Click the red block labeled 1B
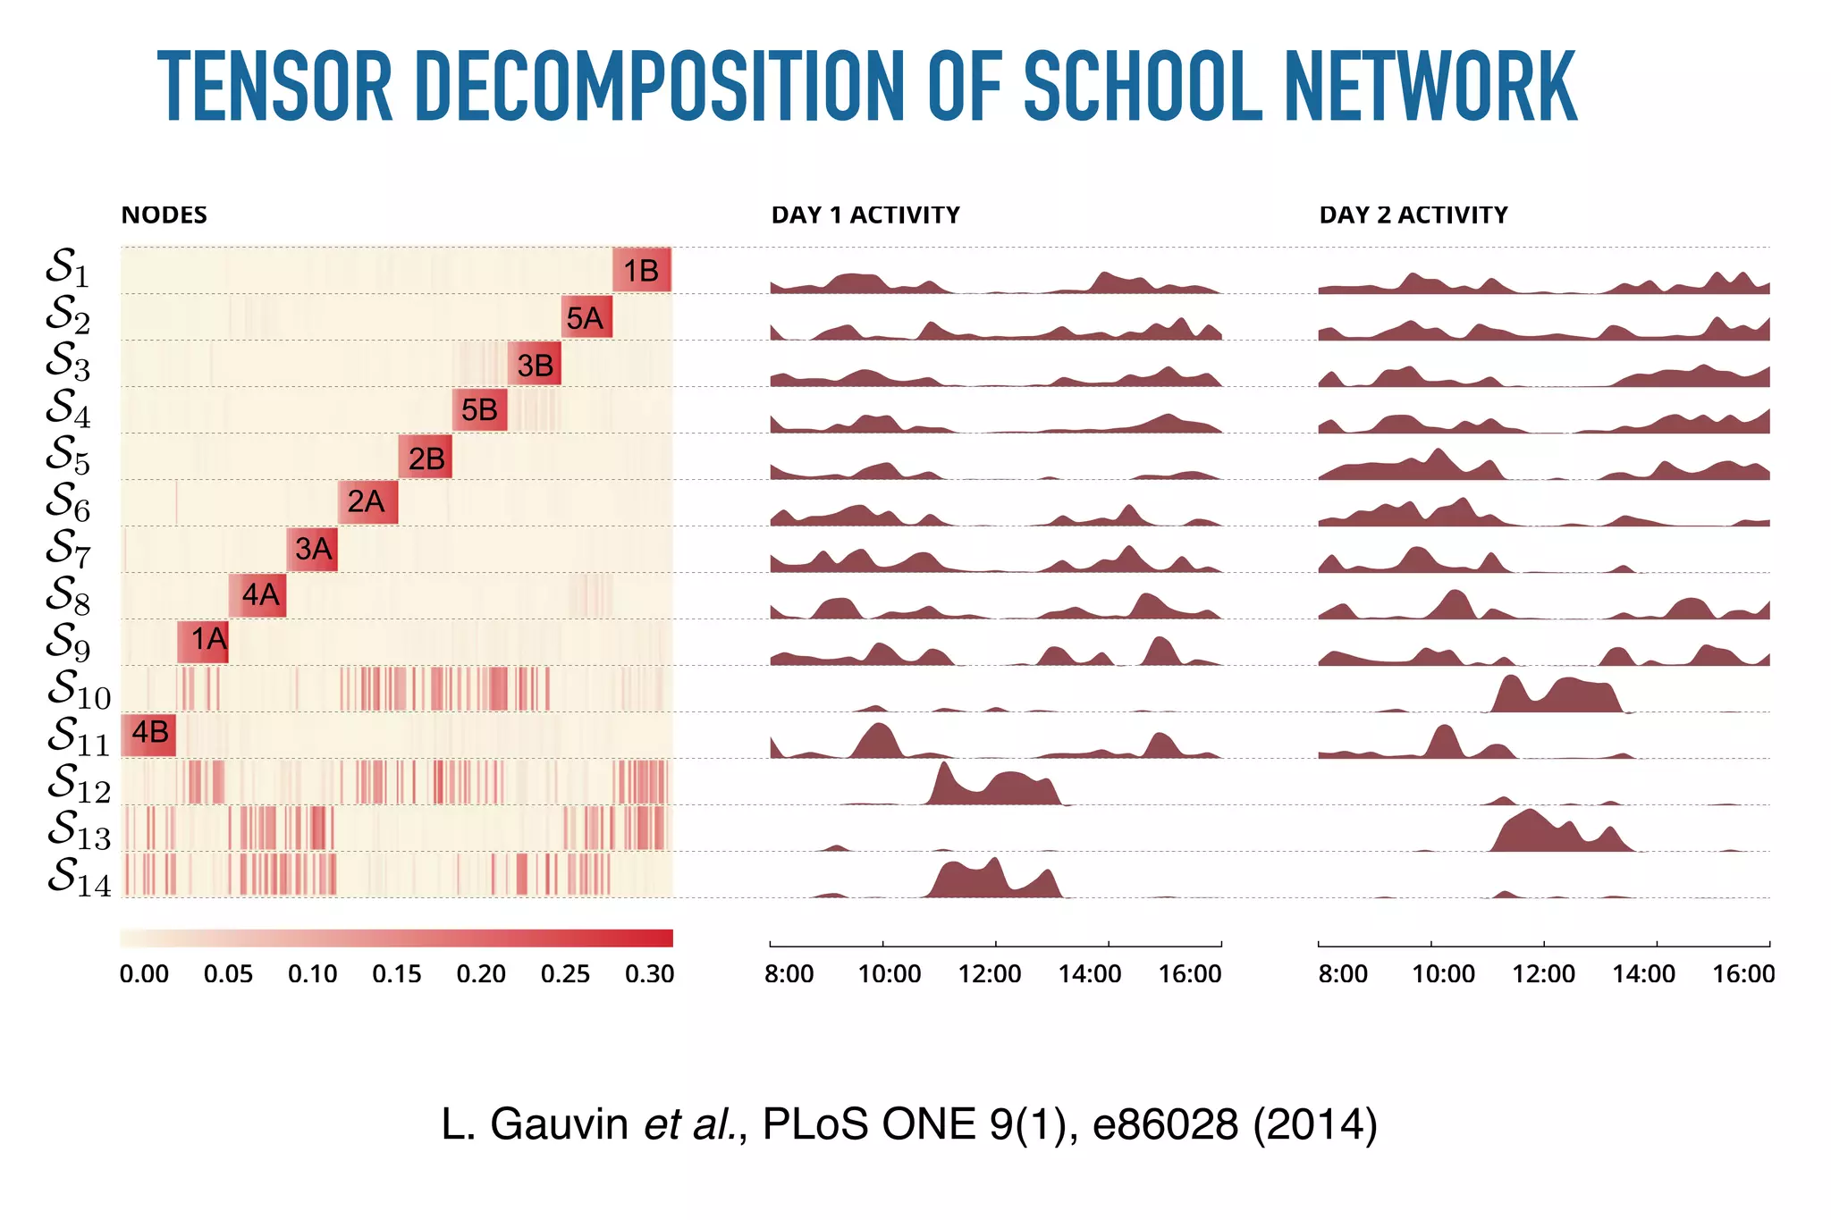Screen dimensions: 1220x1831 point(641,270)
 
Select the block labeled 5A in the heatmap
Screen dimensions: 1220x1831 point(586,317)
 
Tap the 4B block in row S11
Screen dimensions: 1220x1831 point(148,734)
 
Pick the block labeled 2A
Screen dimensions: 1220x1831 point(367,501)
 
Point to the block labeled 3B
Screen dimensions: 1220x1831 point(535,364)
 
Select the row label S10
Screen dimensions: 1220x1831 point(79,689)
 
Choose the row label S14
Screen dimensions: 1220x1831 point(79,877)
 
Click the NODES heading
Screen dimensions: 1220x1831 point(164,215)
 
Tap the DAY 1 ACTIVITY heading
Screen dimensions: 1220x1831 point(865,215)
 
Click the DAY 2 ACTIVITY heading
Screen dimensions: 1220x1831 point(1413,215)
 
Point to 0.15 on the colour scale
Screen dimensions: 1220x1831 point(396,974)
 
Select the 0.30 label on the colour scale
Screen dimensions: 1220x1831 point(649,974)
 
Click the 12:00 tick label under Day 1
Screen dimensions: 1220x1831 point(989,974)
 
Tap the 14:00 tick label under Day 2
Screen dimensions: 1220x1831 point(1643,974)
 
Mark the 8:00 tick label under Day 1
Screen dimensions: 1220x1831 point(789,974)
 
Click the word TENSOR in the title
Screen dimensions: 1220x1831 point(275,87)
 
